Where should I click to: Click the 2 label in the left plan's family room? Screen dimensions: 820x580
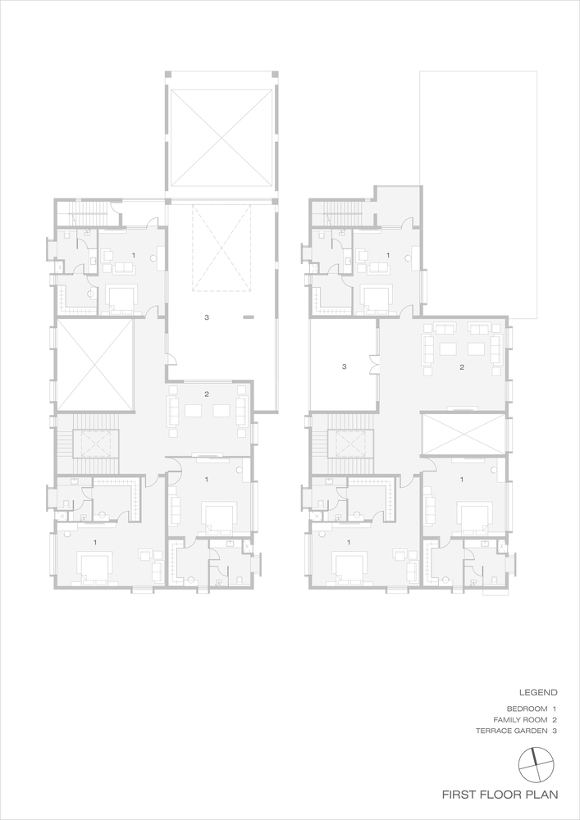tap(207, 394)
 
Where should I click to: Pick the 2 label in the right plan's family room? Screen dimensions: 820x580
tap(462, 367)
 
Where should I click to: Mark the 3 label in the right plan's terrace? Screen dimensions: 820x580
tap(345, 367)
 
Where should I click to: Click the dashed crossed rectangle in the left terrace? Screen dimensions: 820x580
tap(221, 248)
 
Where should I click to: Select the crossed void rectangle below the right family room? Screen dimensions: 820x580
tap(462, 434)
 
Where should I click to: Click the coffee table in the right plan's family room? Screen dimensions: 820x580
tap(449, 348)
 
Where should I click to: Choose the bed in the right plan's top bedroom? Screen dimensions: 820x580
tap(377, 297)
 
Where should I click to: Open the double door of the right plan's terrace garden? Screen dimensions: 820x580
tap(374, 365)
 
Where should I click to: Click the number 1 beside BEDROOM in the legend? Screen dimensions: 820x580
tap(555, 708)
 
